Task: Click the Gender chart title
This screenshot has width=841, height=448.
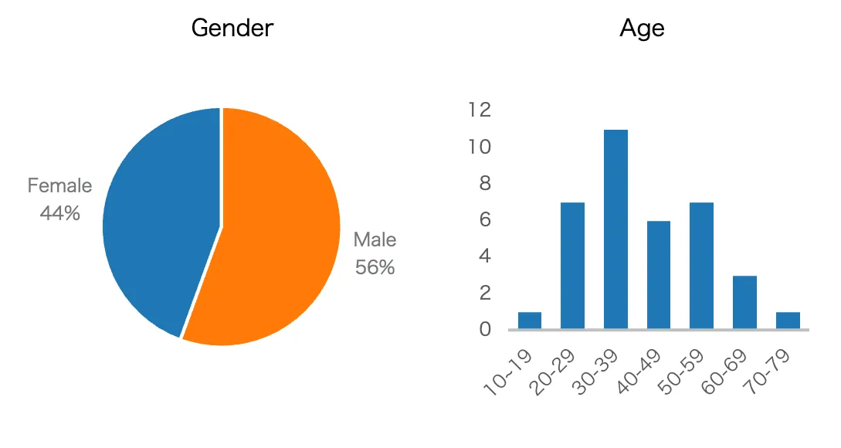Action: (x=232, y=29)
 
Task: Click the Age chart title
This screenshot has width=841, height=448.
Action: (x=642, y=29)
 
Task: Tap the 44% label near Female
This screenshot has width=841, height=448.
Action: (x=59, y=212)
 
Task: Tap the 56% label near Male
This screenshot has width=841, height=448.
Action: (x=375, y=267)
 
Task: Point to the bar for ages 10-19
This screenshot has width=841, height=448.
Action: (x=529, y=321)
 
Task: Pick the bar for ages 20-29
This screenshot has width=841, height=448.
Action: (x=572, y=266)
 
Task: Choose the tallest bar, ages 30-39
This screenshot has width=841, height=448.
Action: (x=615, y=229)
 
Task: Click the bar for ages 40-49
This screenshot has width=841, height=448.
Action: (x=658, y=275)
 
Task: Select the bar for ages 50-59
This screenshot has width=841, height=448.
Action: (x=701, y=266)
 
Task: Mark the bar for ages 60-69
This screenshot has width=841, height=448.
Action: (x=744, y=302)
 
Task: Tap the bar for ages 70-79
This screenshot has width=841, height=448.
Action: (x=788, y=321)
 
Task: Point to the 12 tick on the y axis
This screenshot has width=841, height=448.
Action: (x=480, y=110)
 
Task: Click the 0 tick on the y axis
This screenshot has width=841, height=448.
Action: (x=484, y=330)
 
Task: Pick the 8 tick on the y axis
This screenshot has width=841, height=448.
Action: (x=484, y=183)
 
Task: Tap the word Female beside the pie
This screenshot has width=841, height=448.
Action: (x=59, y=186)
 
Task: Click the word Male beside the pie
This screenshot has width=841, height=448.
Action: (x=375, y=240)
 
